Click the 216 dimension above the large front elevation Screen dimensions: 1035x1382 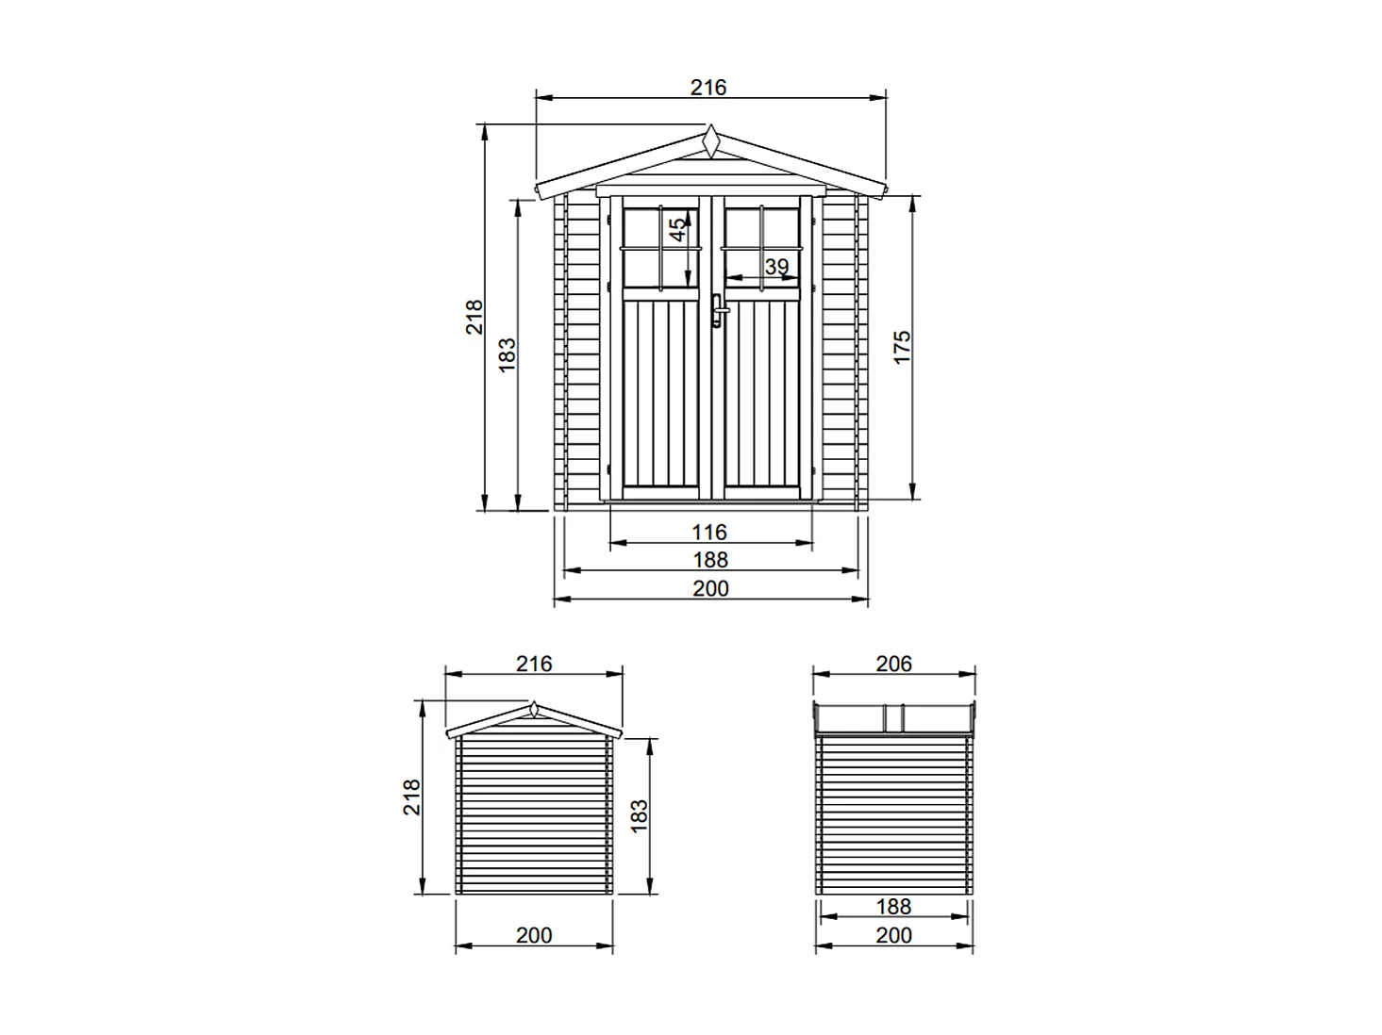click(x=708, y=88)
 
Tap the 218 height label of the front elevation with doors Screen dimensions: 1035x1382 click(x=475, y=317)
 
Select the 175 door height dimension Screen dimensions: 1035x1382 click(x=902, y=347)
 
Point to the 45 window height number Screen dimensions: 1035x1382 click(x=677, y=230)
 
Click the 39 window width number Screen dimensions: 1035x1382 click(x=776, y=267)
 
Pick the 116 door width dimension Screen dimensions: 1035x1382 click(x=709, y=533)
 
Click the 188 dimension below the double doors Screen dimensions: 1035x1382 click(x=710, y=560)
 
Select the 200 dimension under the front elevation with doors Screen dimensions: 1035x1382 click(x=710, y=588)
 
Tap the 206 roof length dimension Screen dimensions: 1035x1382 click(x=893, y=664)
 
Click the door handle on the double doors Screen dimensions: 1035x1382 click(x=718, y=310)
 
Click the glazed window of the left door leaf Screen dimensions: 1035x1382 click(x=660, y=248)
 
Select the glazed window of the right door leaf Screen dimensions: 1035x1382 click(x=762, y=248)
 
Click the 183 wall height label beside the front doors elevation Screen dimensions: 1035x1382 click(x=508, y=355)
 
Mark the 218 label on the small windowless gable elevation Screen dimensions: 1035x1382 click(x=412, y=797)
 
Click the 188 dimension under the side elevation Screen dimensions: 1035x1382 click(x=893, y=907)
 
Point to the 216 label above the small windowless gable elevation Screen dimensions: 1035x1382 click(x=534, y=664)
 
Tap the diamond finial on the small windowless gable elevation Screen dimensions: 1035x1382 click(x=534, y=709)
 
